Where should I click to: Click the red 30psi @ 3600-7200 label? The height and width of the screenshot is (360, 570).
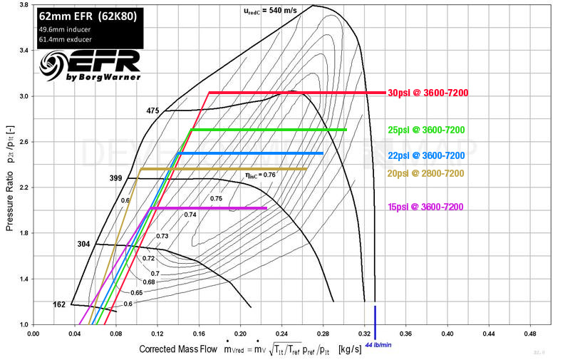tap(428, 93)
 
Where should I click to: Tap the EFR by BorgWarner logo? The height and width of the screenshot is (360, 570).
tap(89, 66)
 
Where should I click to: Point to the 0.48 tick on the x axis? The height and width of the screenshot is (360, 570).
tap(530, 334)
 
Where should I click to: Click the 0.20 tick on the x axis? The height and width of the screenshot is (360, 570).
tap(240, 334)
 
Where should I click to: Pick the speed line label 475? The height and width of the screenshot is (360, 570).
tap(152, 110)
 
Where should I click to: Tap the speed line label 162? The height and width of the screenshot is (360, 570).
tap(61, 305)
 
